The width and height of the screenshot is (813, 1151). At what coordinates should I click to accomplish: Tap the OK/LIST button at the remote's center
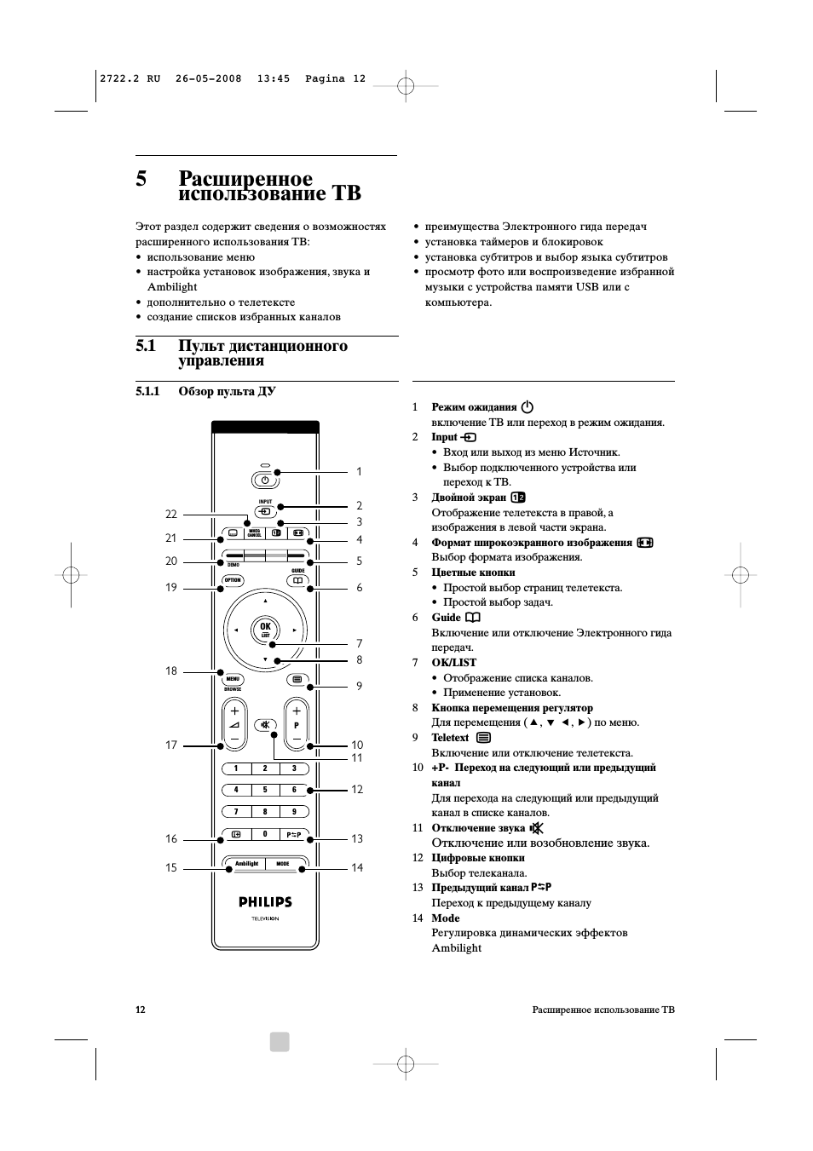265,630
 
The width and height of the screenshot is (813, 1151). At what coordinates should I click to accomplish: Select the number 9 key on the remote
294,812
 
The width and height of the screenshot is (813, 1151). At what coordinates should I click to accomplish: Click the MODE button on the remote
283,864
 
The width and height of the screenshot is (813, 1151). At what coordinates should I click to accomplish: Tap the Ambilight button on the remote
246,864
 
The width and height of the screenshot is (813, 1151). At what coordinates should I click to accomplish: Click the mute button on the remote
265,726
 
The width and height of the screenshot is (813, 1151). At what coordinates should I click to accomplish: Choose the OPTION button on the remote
233,580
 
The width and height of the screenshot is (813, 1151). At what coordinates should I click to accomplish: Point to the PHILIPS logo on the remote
264,901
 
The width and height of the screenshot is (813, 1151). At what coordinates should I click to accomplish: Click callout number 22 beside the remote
171,514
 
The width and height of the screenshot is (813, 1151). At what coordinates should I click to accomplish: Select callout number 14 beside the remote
357,867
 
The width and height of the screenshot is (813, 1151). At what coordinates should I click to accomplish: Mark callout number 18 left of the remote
171,670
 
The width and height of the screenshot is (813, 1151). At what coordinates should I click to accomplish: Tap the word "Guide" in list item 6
446,618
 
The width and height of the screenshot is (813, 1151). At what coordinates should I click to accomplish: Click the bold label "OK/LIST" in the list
453,663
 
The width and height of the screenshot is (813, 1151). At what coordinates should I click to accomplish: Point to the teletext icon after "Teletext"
484,738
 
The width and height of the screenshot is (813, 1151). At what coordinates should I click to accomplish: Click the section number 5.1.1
147,392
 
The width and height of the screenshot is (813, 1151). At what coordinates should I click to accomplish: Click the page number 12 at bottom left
141,1010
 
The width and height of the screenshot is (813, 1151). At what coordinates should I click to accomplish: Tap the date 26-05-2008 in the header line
208,78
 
